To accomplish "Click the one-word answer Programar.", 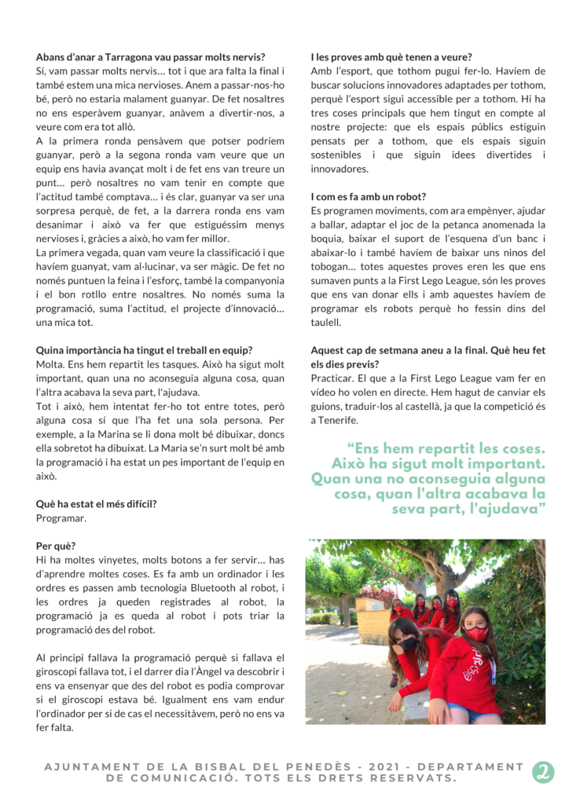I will point(61,518).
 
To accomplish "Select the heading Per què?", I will point(57,546).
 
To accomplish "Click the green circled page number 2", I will point(542,772).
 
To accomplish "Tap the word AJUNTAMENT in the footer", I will point(90,767).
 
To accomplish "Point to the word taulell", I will point(325,321).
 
